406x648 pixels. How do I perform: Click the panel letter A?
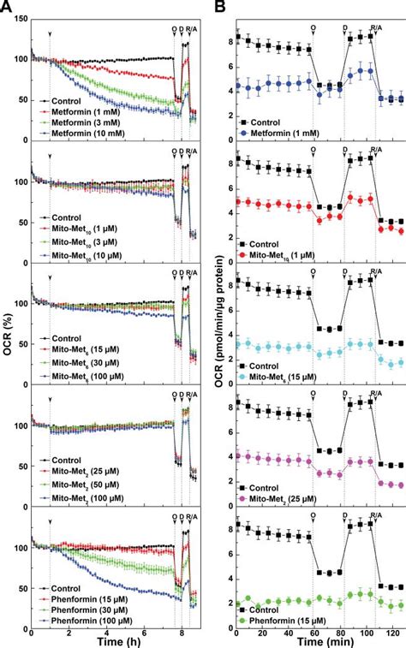7,7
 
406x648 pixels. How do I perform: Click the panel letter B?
221,7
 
